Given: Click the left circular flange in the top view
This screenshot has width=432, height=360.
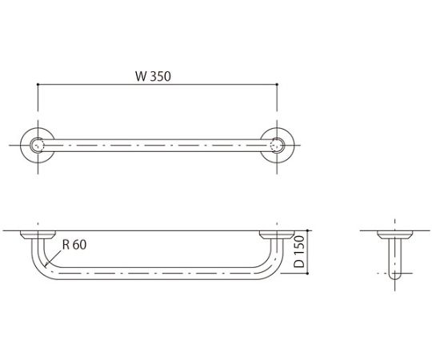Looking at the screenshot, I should coord(38,145).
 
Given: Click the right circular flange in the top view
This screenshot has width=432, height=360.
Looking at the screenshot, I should coord(277,145).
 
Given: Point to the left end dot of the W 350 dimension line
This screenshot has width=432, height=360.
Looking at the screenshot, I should coord(38,84).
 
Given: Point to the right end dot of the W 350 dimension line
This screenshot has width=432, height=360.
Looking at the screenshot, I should coord(277,84).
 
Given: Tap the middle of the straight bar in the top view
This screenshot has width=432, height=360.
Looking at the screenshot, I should coord(157,145).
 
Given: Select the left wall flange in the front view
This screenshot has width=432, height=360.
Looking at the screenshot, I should coord(38,235).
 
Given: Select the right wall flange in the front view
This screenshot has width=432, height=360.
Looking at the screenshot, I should coord(277,235).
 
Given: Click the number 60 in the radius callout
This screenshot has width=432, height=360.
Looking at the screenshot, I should coord(79,246).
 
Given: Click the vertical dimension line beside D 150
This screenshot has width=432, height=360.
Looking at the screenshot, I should coord(306,253).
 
